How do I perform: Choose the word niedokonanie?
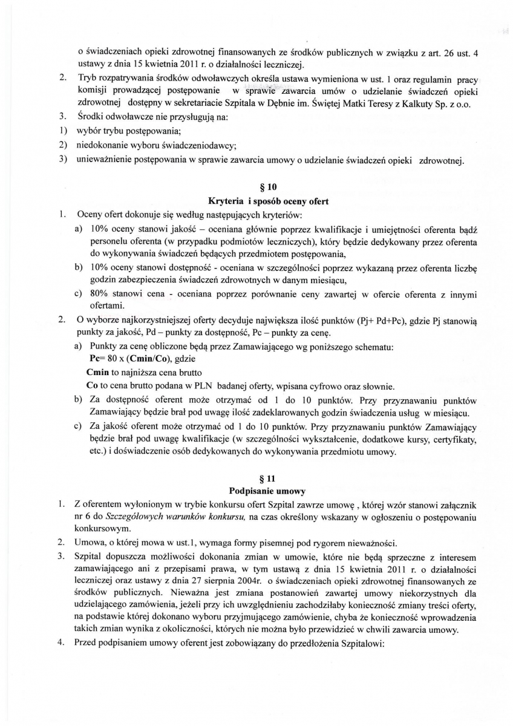pos(102,145)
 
